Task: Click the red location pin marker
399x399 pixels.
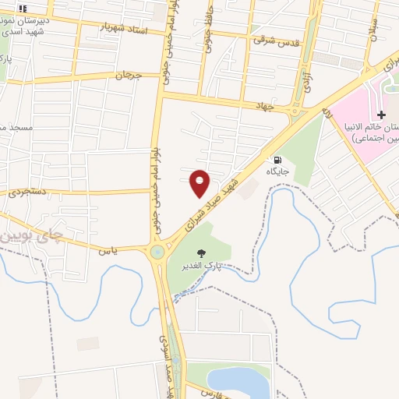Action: coord(199,182)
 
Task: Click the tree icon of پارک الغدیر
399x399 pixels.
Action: coord(202,252)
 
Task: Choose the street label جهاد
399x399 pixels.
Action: coord(254,105)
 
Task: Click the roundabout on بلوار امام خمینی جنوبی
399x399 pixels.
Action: coord(158,252)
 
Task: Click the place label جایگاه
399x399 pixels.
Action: coord(278,171)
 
